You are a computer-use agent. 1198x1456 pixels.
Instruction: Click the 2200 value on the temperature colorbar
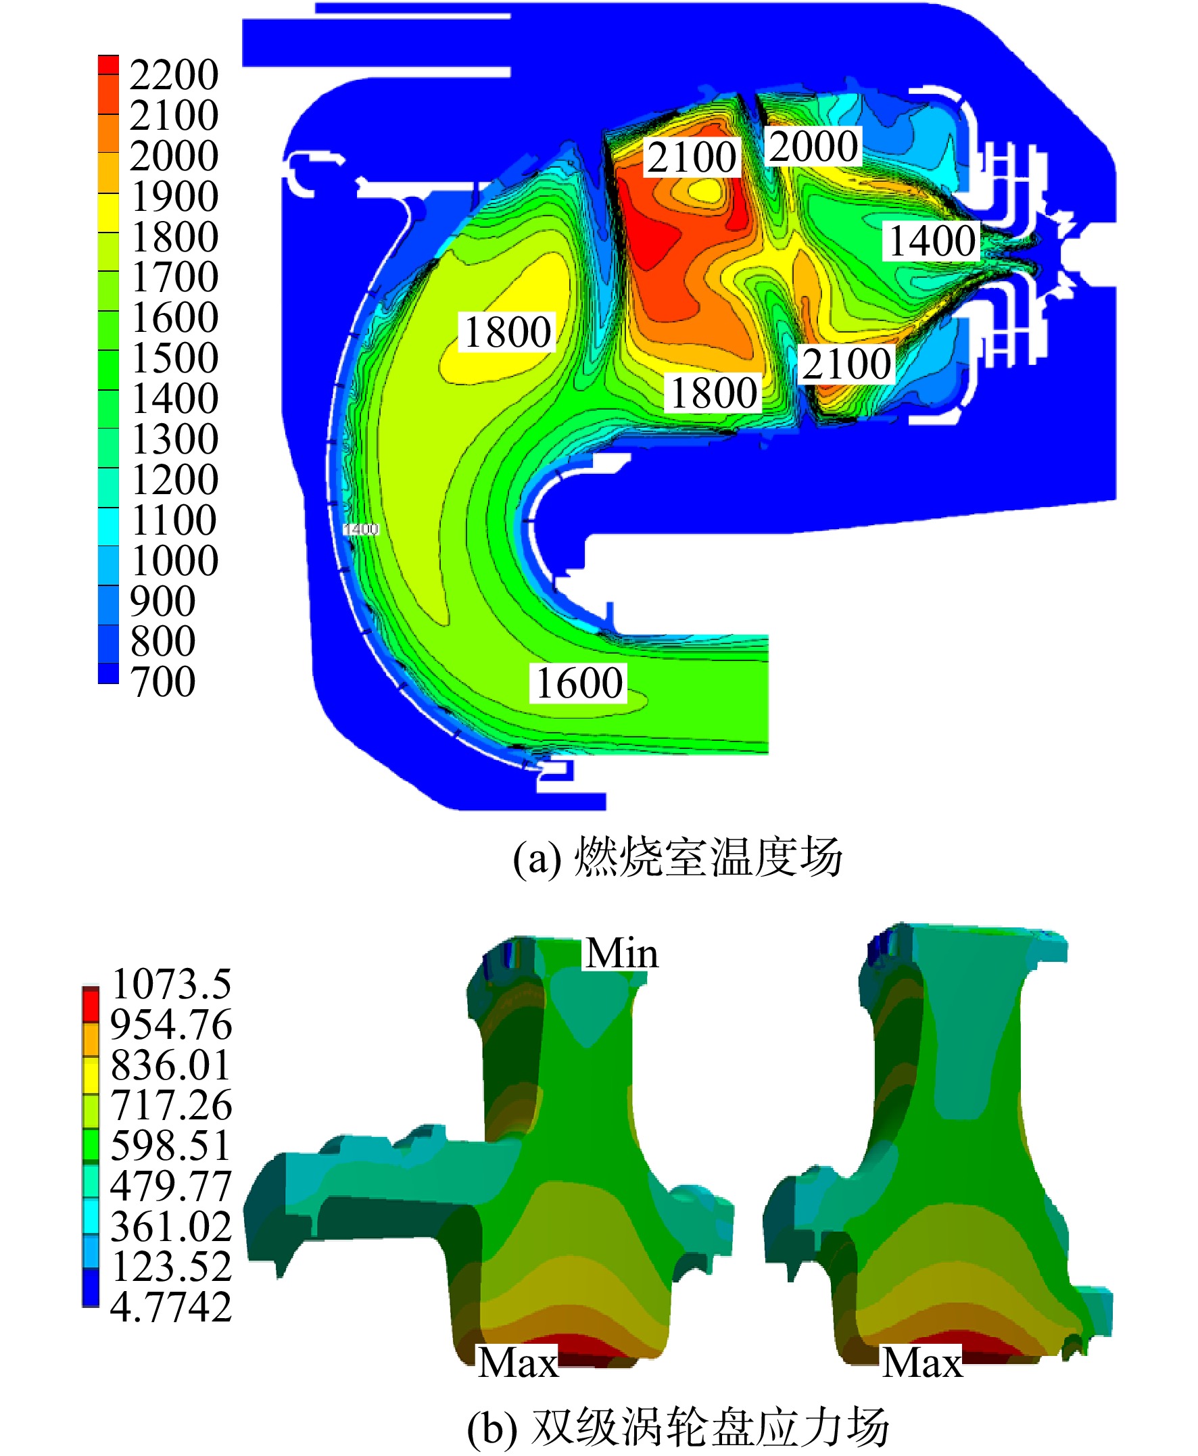tap(174, 74)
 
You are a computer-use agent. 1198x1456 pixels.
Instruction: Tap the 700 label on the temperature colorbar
tap(163, 682)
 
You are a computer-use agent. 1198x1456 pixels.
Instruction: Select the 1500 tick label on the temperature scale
tap(174, 358)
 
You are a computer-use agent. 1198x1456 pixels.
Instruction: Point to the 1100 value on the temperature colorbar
tap(174, 520)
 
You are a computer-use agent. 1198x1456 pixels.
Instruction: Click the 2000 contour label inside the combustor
tap(813, 146)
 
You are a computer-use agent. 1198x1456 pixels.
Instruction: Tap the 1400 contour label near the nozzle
tap(932, 241)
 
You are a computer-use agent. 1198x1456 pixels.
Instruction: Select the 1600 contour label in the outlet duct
tap(579, 683)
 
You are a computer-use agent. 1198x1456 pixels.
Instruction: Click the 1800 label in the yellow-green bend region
tap(507, 332)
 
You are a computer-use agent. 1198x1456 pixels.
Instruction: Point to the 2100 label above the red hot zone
tap(692, 157)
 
